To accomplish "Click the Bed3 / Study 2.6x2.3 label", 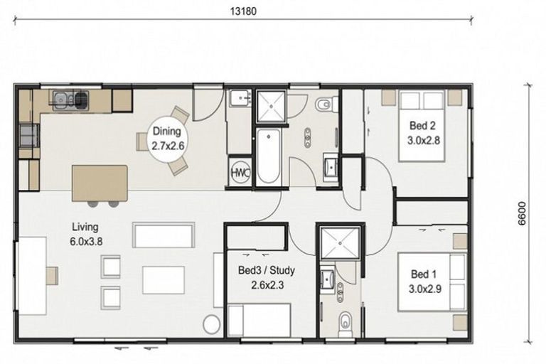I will [266, 277].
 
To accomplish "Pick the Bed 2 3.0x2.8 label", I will [424, 132].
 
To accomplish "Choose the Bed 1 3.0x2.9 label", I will [424, 281].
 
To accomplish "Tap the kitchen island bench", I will [100, 183].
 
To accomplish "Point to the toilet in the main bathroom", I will [324, 105].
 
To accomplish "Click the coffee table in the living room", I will [163, 279].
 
